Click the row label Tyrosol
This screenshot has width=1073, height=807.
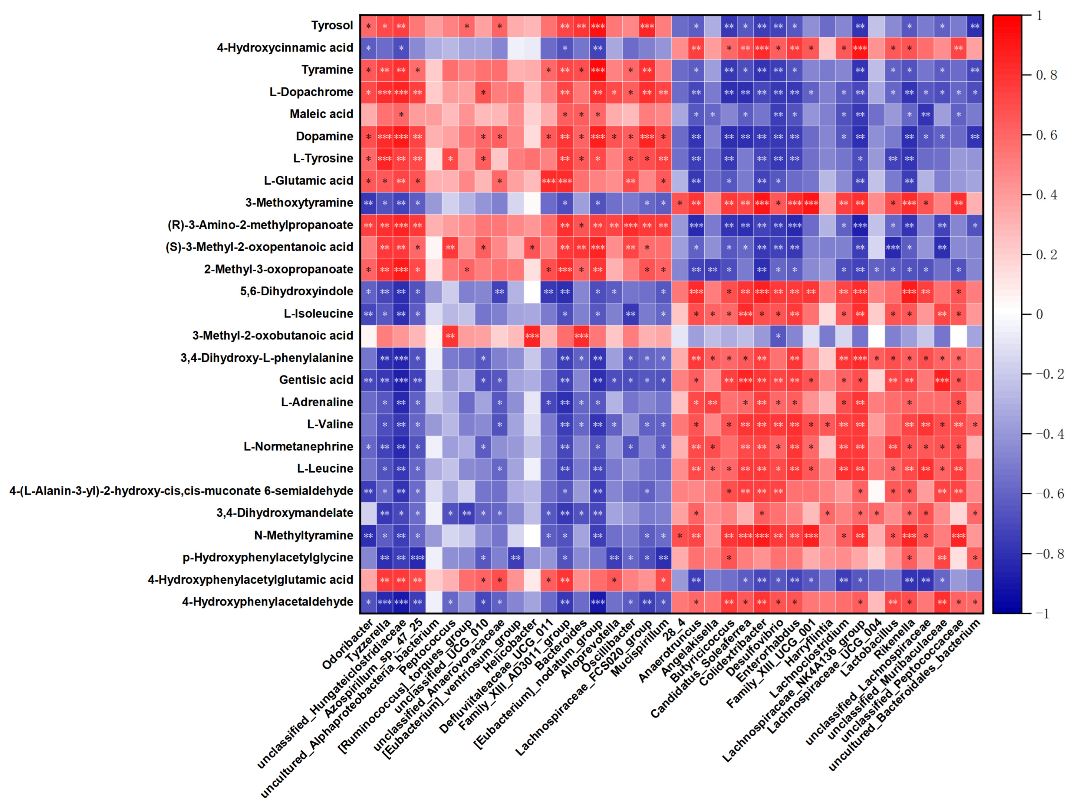[332, 25]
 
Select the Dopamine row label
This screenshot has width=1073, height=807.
[324, 137]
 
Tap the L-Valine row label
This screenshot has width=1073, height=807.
[330, 424]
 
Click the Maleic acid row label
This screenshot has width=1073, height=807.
[321, 114]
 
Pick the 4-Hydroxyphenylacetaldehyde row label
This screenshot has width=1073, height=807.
[267, 602]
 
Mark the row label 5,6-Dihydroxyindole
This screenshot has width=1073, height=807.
[296, 291]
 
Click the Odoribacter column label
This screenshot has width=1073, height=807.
[348, 644]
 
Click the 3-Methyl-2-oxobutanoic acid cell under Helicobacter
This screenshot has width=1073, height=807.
[532, 336]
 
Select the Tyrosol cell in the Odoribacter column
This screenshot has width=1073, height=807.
[368, 26]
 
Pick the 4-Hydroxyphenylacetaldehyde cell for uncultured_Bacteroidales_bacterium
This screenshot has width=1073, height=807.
[975, 602]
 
